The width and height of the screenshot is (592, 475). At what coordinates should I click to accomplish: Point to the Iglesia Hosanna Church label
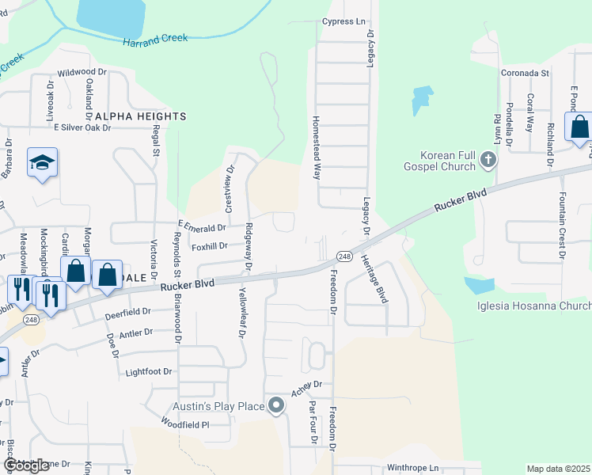coord(533,306)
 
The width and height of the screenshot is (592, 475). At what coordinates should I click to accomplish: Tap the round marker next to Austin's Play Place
coord(276,406)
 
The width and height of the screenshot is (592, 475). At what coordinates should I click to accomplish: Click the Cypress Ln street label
coord(343,21)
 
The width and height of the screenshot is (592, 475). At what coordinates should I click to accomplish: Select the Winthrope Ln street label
coord(412,468)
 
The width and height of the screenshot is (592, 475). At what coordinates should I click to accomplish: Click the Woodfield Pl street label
coord(182,425)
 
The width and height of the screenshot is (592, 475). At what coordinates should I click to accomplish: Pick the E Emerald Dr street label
coord(202,228)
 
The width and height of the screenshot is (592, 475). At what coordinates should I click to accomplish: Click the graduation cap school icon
coord(43,163)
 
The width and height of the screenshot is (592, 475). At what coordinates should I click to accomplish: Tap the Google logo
coord(26,466)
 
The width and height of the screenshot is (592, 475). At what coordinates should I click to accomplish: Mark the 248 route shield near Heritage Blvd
coord(343,256)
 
